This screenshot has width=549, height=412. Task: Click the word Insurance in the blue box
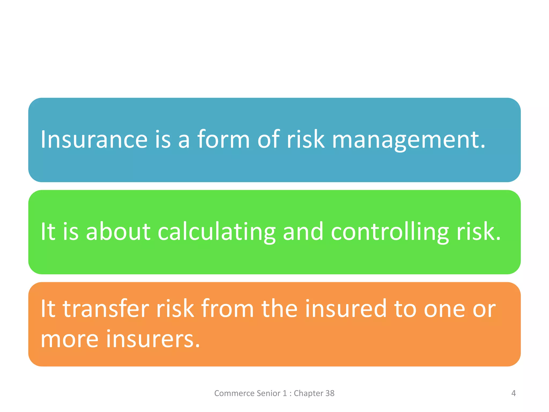coord(94,139)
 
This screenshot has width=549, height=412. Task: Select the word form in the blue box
coord(224,139)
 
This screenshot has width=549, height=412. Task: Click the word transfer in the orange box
coord(106,308)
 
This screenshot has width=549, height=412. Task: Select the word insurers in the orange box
coord(153,339)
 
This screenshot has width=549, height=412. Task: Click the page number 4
coord(513,393)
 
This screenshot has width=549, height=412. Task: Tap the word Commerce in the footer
coord(234,393)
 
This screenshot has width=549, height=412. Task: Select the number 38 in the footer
coord(330,393)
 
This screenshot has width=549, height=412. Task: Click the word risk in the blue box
coord(306,139)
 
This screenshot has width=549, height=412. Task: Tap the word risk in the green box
coord(478,231)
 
